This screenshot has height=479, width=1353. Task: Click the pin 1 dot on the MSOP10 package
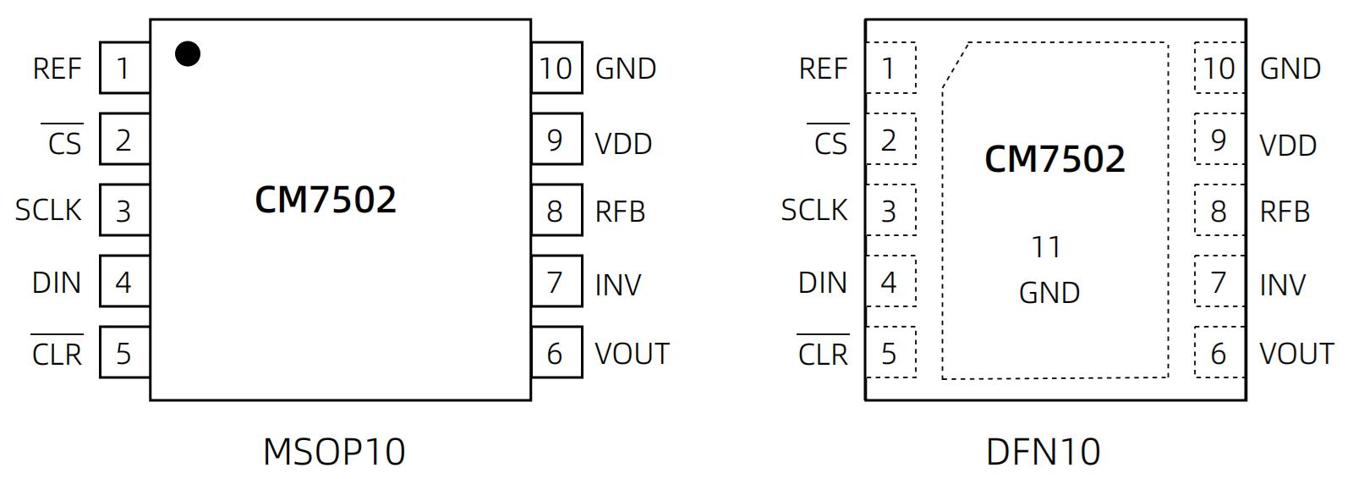pyautogui.click(x=188, y=54)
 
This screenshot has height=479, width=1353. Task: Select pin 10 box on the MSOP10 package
pyautogui.click(x=556, y=68)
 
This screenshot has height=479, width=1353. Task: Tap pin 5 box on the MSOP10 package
pyautogui.click(x=124, y=353)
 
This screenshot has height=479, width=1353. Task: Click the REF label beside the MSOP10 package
pyautogui.click(x=57, y=69)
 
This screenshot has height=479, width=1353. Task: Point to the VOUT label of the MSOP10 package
pyautogui.click(x=632, y=354)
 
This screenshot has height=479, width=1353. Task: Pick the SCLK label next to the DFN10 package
pyautogui.click(x=813, y=210)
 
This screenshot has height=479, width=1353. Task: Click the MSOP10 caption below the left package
pyautogui.click(x=334, y=452)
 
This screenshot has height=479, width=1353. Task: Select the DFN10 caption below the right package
pyautogui.click(x=1043, y=452)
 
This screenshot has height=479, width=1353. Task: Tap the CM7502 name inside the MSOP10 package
pyautogui.click(x=326, y=200)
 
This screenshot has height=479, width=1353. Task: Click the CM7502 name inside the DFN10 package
pyautogui.click(x=1054, y=159)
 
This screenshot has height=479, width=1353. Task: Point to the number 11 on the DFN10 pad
pyautogui.click(x=1046, y=247)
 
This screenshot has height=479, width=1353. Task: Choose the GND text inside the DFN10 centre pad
pyautogui.click(x=1049, y=293)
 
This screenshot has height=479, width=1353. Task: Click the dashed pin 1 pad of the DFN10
pyautogui.click(x=890, y=68)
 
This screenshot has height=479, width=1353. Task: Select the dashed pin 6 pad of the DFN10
pyautogui.click(x=1219, y=353)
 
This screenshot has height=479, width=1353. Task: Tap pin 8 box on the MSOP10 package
pyautogui.click(x=556, y=211)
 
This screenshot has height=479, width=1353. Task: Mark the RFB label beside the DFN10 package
pyautogui.click(x=1285, y=212)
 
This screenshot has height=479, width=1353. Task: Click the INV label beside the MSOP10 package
pyautogui.click(x=618, y=285)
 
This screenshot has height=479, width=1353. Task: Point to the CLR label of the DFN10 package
pyautogui.click(x=823, y=354)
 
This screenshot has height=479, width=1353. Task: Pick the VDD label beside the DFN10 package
pyautogui.click(x=1288, y=145)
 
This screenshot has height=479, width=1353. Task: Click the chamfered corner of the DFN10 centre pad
pyautogui.click(x=956, y=64)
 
